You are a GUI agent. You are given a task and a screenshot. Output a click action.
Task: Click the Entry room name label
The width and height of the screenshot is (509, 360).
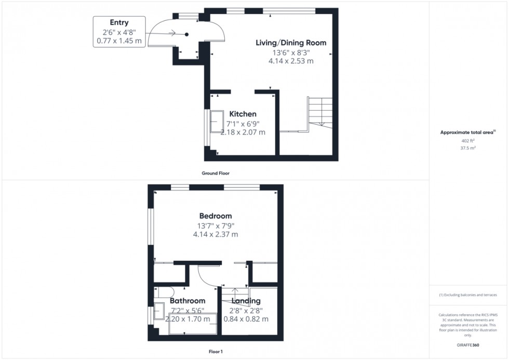tap(119, 22)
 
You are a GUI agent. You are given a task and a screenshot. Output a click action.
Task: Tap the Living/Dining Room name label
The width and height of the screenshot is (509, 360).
tap(291, 43)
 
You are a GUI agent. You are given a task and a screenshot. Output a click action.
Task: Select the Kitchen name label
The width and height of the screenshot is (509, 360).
tap(243, 114)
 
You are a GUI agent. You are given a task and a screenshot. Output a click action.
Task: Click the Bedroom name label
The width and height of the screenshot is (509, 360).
tap(216, 216)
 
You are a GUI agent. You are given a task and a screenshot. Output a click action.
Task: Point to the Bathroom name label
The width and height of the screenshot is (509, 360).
tap(187, 301)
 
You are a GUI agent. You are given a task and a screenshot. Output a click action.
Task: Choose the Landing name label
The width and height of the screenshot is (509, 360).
tap(246, 301)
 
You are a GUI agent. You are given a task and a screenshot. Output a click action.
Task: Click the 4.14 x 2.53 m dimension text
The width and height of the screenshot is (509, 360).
tap(291, 61)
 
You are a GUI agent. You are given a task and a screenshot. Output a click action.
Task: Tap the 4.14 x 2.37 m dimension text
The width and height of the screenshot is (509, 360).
tap(216, 234)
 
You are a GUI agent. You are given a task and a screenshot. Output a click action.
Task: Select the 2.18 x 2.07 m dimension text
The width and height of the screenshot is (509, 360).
tap(243, 132)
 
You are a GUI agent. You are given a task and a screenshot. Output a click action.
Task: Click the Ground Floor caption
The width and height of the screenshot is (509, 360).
tap(216, 173)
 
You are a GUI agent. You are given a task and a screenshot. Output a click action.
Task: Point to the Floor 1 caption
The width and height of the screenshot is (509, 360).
tap(215, 352)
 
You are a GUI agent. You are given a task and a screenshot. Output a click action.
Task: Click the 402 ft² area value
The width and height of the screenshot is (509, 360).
tap(468, 141)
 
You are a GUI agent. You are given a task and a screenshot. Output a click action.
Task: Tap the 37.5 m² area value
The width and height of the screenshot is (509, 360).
tap(468, 148)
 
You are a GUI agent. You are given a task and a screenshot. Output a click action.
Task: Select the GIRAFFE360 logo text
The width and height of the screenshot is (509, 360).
tap(468, 344)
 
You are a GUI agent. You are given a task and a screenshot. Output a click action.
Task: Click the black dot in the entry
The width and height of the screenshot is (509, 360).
tap(186, 34)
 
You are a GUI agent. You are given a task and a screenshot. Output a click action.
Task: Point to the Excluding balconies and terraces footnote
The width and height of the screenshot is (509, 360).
tap(468, 295)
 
